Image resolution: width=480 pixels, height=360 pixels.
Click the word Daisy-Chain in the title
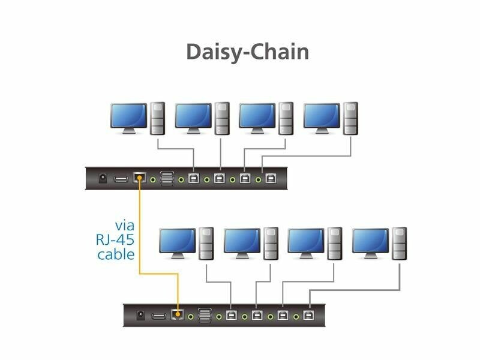pyautogui.click(x=247, y=52)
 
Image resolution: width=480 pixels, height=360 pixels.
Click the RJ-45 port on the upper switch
pyautogui.click(x=140, y=178)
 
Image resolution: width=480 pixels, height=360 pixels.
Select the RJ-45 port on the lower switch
pyautogui.click(x=178, y=314)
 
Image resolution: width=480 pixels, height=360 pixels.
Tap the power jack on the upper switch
pyautogui.click(x=102, y=178)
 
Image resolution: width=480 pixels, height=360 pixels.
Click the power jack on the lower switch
pyautogui.click(x=141, y=314)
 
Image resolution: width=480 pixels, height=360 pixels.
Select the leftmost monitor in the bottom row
pyautogui.click(x=178, y=242)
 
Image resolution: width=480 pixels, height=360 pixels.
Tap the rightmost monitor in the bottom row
pyautogui.click(x=371, y=242)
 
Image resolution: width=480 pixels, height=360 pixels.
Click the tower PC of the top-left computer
pyautogui.click(x=157, y=118)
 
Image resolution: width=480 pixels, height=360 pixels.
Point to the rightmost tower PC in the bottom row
pyautogui.click(x=400, y=243)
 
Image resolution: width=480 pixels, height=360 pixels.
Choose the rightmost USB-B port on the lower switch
pyautogui.click(x=309, y=314)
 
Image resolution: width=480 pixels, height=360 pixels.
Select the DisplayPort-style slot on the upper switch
pyautogui.click(x=121, y=178)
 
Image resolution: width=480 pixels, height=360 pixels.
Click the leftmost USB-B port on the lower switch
pyautogui.click(x=232, y=314)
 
